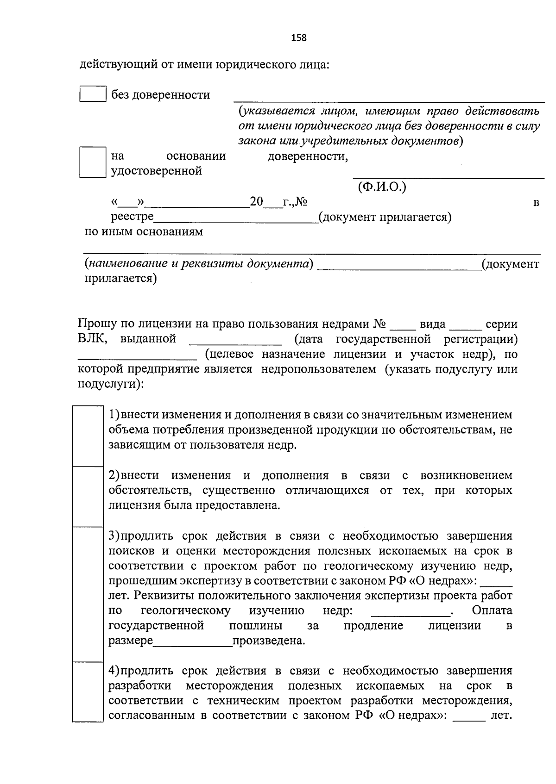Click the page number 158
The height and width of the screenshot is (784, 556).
coord(299,38)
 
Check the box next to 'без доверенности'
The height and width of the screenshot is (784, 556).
coord(93,94)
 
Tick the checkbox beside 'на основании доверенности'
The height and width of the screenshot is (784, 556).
coord(93,162)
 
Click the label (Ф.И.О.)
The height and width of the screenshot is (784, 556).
coord(382,187)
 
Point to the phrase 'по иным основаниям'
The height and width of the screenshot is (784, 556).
coord(144,232)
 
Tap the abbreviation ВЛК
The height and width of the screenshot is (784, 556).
coord(92,339)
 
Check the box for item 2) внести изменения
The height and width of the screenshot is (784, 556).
coord(88,496)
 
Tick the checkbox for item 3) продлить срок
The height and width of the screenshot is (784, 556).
coord(88,594)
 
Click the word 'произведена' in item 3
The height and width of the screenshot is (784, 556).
coord(269,641)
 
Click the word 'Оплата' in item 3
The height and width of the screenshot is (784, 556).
coord(492,610)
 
